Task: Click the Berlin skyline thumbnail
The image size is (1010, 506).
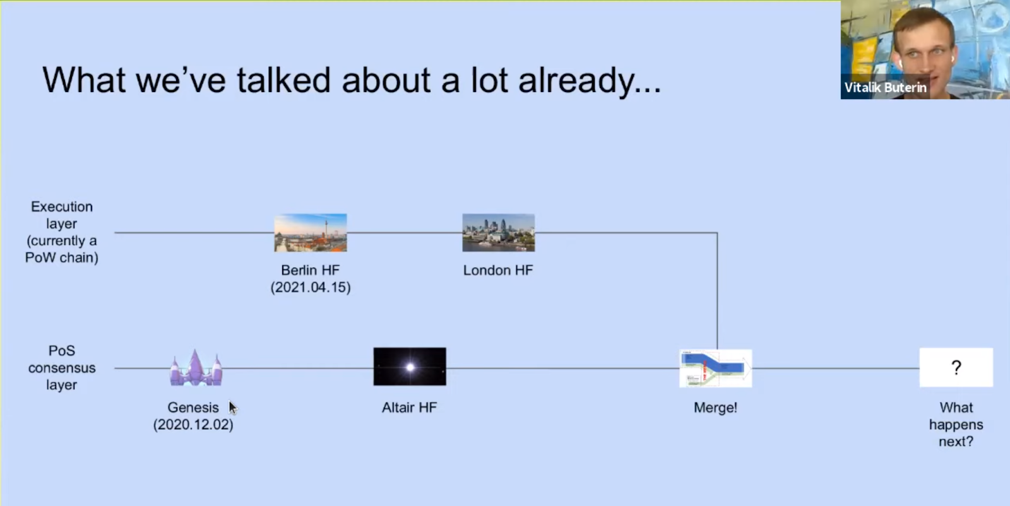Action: click(311, 233)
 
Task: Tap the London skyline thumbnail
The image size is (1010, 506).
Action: click(499, 233)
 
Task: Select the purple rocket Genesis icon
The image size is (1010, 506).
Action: click(196, 368)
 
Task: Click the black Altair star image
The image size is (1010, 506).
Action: click(410, 367)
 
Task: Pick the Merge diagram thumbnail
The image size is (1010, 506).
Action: click(716, 368)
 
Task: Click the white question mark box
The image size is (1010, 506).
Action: click(956, 367)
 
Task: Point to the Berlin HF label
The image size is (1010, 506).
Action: click(310, 270)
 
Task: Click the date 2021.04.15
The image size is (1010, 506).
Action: click(311, 288)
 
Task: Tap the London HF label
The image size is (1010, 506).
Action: click(498, 270)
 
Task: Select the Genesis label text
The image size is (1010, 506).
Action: click(193, 408)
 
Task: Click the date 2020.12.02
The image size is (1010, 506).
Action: click(193, 425)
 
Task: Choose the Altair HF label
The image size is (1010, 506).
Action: click(410, 408)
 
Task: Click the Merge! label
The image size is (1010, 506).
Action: click(716, 408)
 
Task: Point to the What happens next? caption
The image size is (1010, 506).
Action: click(956, 425)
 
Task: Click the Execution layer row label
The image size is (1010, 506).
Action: click(62, 232)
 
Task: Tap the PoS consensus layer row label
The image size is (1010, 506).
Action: click(62, 368)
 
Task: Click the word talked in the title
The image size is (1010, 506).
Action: click(284, 80)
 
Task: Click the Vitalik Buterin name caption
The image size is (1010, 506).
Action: click(886, 88)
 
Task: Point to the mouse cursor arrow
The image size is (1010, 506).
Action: click(233, 408)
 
